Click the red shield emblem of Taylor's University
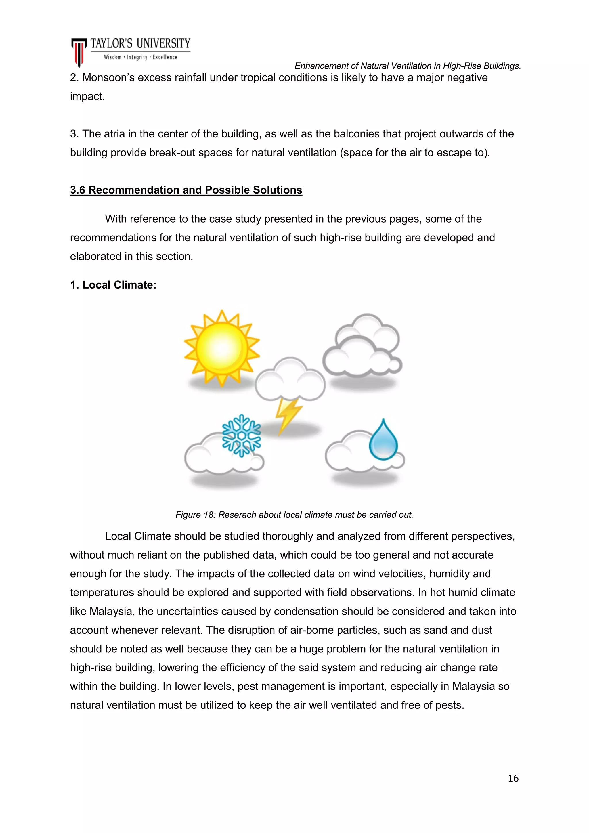pyautogui.click(x=79, y=52)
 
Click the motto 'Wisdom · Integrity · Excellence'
pyautogui.click(x=140, y=57)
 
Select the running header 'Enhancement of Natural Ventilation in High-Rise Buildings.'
pyautogui.click(x=407, y=66)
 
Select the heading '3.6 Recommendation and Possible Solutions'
pyautogui.click(x=186, y=190)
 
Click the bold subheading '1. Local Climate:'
pyautogui.click(x=113, y=285)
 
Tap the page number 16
pyautogui.click(x=513, y=778)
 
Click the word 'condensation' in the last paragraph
pyautogui.click(x=306, y=611)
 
